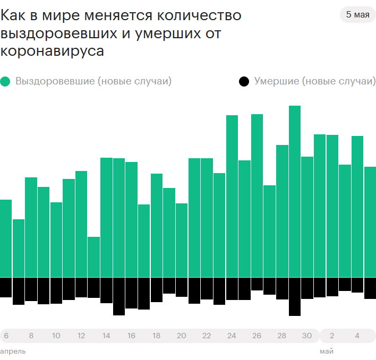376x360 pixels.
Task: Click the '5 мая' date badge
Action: (357, 15)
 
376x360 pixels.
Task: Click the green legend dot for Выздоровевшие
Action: (6, 82)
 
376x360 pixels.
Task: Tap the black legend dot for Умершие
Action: (244, 82)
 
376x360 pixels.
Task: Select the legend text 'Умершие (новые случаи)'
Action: (314, 82)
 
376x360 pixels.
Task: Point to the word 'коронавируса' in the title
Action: (53, 52)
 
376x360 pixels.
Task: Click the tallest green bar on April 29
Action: (295, 191)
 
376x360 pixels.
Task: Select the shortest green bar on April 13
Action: (94, 257)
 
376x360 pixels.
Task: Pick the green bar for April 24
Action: (232, 196)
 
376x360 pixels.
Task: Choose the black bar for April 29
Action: (295, 296)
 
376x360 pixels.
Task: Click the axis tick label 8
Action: (31, 336)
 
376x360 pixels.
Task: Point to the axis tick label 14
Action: (106, 336)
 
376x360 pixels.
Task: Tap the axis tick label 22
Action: (207, 336)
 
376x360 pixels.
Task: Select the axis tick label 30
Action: (307, 336)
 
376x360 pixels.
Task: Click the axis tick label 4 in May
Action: (357, 336)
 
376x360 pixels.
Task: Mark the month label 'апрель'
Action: (13, 352)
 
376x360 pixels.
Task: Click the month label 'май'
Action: (327, 352)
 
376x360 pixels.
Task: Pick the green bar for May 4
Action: (357, 207)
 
